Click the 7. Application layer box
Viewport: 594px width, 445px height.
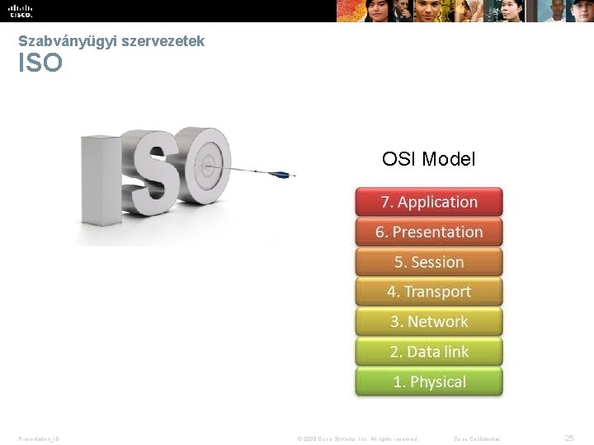click(x=429, y=203)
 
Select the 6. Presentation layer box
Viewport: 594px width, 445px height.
click(x=429, y=232)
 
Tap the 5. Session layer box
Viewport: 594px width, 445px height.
click(x=429, y=262)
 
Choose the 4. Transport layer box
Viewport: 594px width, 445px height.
click(x=429, y=292)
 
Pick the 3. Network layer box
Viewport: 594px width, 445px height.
click(x=429, y=322)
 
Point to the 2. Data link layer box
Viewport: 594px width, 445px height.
click(x=429, y=352)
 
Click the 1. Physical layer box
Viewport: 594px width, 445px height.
click(x=429, y=382)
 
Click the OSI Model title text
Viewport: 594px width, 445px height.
click(x=428, y=159)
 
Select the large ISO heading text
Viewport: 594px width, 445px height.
click(x=40, y=63)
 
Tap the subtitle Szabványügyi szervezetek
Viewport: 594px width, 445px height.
click(x=111, y=40)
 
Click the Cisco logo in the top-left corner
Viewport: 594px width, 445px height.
click(x=21, y=11)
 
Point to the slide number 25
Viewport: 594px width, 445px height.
click(x=568, y=438)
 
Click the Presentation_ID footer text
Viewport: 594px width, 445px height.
click(x=39, y=438)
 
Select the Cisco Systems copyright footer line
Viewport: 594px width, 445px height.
click(x=356, y=438)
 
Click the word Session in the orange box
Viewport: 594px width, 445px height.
click(x=437, y=262)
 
